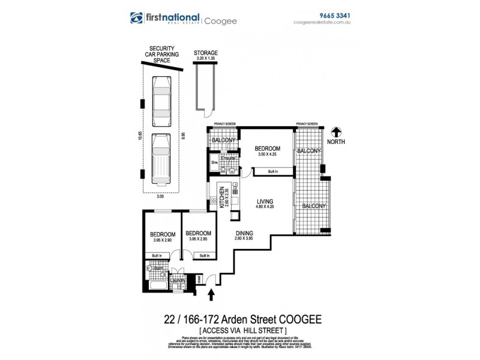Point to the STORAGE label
point(206,53)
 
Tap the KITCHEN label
point(222,196)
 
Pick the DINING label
point(244,233)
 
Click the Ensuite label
point(228,158)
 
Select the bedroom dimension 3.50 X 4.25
point(267,155)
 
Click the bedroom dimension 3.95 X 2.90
point(163,240)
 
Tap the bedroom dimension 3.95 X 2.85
point(197,240)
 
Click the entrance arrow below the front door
point(211,295)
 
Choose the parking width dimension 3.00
point(160,196)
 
